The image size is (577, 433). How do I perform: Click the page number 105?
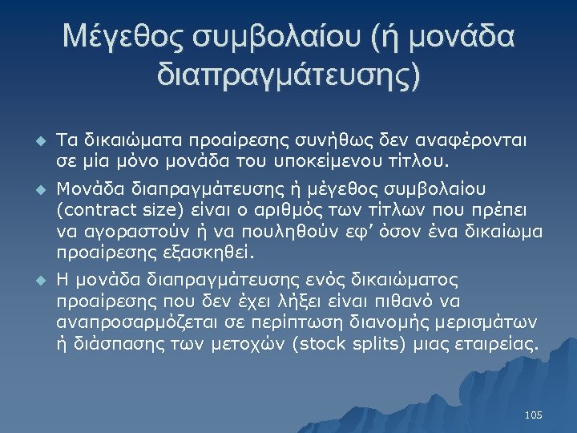(533, 415)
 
